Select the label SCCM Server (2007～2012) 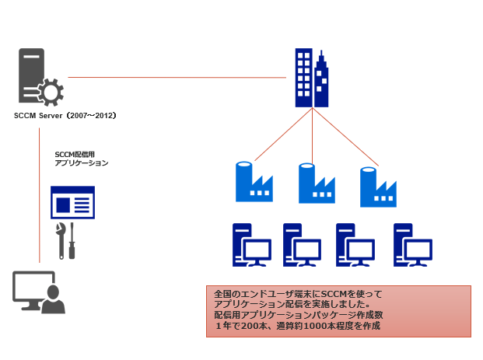tap(65, 116)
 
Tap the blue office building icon tap(312, 79)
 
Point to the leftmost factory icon tap(254, 182)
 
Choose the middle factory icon tap(315, 183)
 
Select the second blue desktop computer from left tap(302, 246)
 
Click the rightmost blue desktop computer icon tap(413, 246)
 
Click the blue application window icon tap(72, 202)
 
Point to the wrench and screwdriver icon tap(65, 241)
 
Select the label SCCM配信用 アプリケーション tap(82, 159)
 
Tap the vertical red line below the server tap(39, 194)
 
